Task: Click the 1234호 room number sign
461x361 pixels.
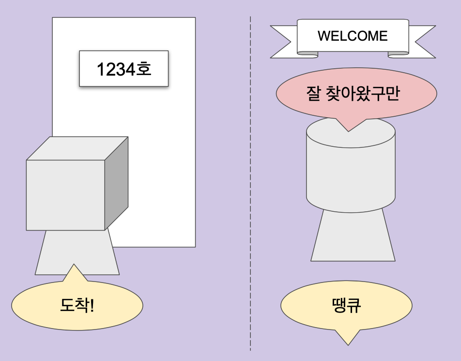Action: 123,69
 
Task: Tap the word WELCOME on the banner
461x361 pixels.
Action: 353,36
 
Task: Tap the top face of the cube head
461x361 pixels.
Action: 77,148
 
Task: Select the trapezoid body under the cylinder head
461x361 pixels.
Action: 352,237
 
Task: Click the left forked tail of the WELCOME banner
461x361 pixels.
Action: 283,42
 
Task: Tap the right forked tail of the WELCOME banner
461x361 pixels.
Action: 421,42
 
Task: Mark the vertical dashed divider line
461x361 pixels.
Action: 250,194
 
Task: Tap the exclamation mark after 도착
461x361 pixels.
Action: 92,305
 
